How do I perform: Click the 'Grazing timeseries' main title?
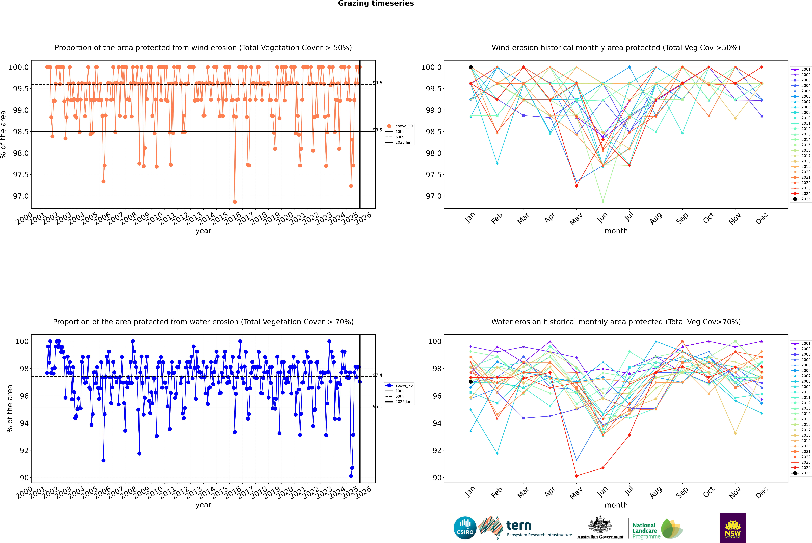tap(376, 3)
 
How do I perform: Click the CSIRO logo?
tap(465, 528)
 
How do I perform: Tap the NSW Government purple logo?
tap(733, 528)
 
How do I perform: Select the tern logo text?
tap(519, 525)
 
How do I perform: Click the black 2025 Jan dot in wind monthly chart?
tap(471, 67)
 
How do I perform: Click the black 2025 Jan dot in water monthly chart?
tap(471, 382)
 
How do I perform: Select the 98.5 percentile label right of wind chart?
tap(377, 130)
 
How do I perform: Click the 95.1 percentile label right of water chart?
tap(377, 407)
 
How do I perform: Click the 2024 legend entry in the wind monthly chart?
tap(801, 194)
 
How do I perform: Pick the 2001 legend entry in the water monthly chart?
tap(801, 344)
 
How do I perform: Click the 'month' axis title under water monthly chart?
tap(616, 505)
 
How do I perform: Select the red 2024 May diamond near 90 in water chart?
tap(577, 476)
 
